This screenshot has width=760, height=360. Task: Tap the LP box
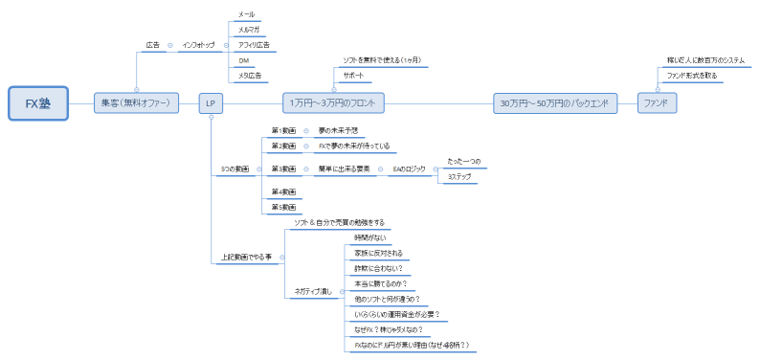point(211,102)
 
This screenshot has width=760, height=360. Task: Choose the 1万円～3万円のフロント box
point(334,102)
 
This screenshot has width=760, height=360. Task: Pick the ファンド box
point(656,102)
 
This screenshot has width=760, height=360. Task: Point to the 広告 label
point(153,44)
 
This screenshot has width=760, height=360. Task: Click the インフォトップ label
point(198,44)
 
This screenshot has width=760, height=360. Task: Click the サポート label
point(353,74)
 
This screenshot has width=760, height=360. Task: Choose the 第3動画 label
point(283,169)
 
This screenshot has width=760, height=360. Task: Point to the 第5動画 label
point(283,206)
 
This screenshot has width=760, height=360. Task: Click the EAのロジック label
point(409,169)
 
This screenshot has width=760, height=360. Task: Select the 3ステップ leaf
point(459,176)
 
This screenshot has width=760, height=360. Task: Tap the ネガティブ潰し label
point(310,291)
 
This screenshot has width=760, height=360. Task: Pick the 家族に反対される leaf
point(377,253)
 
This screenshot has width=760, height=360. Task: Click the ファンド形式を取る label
point(691,74)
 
